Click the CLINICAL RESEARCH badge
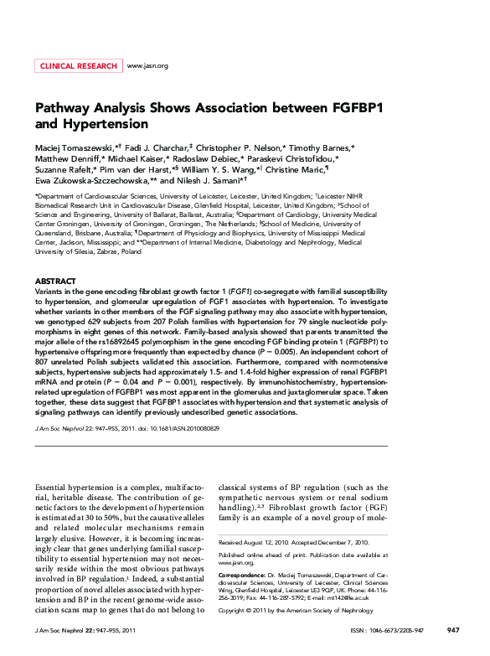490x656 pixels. [x=78, y=65]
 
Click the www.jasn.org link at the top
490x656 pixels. [x=147, y=65]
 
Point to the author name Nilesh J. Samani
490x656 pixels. [x=209, y=180]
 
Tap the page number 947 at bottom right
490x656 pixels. [x=453, y=630]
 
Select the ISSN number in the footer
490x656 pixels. [x=400, y=630]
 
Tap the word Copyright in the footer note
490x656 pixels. [x=234, y=611]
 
